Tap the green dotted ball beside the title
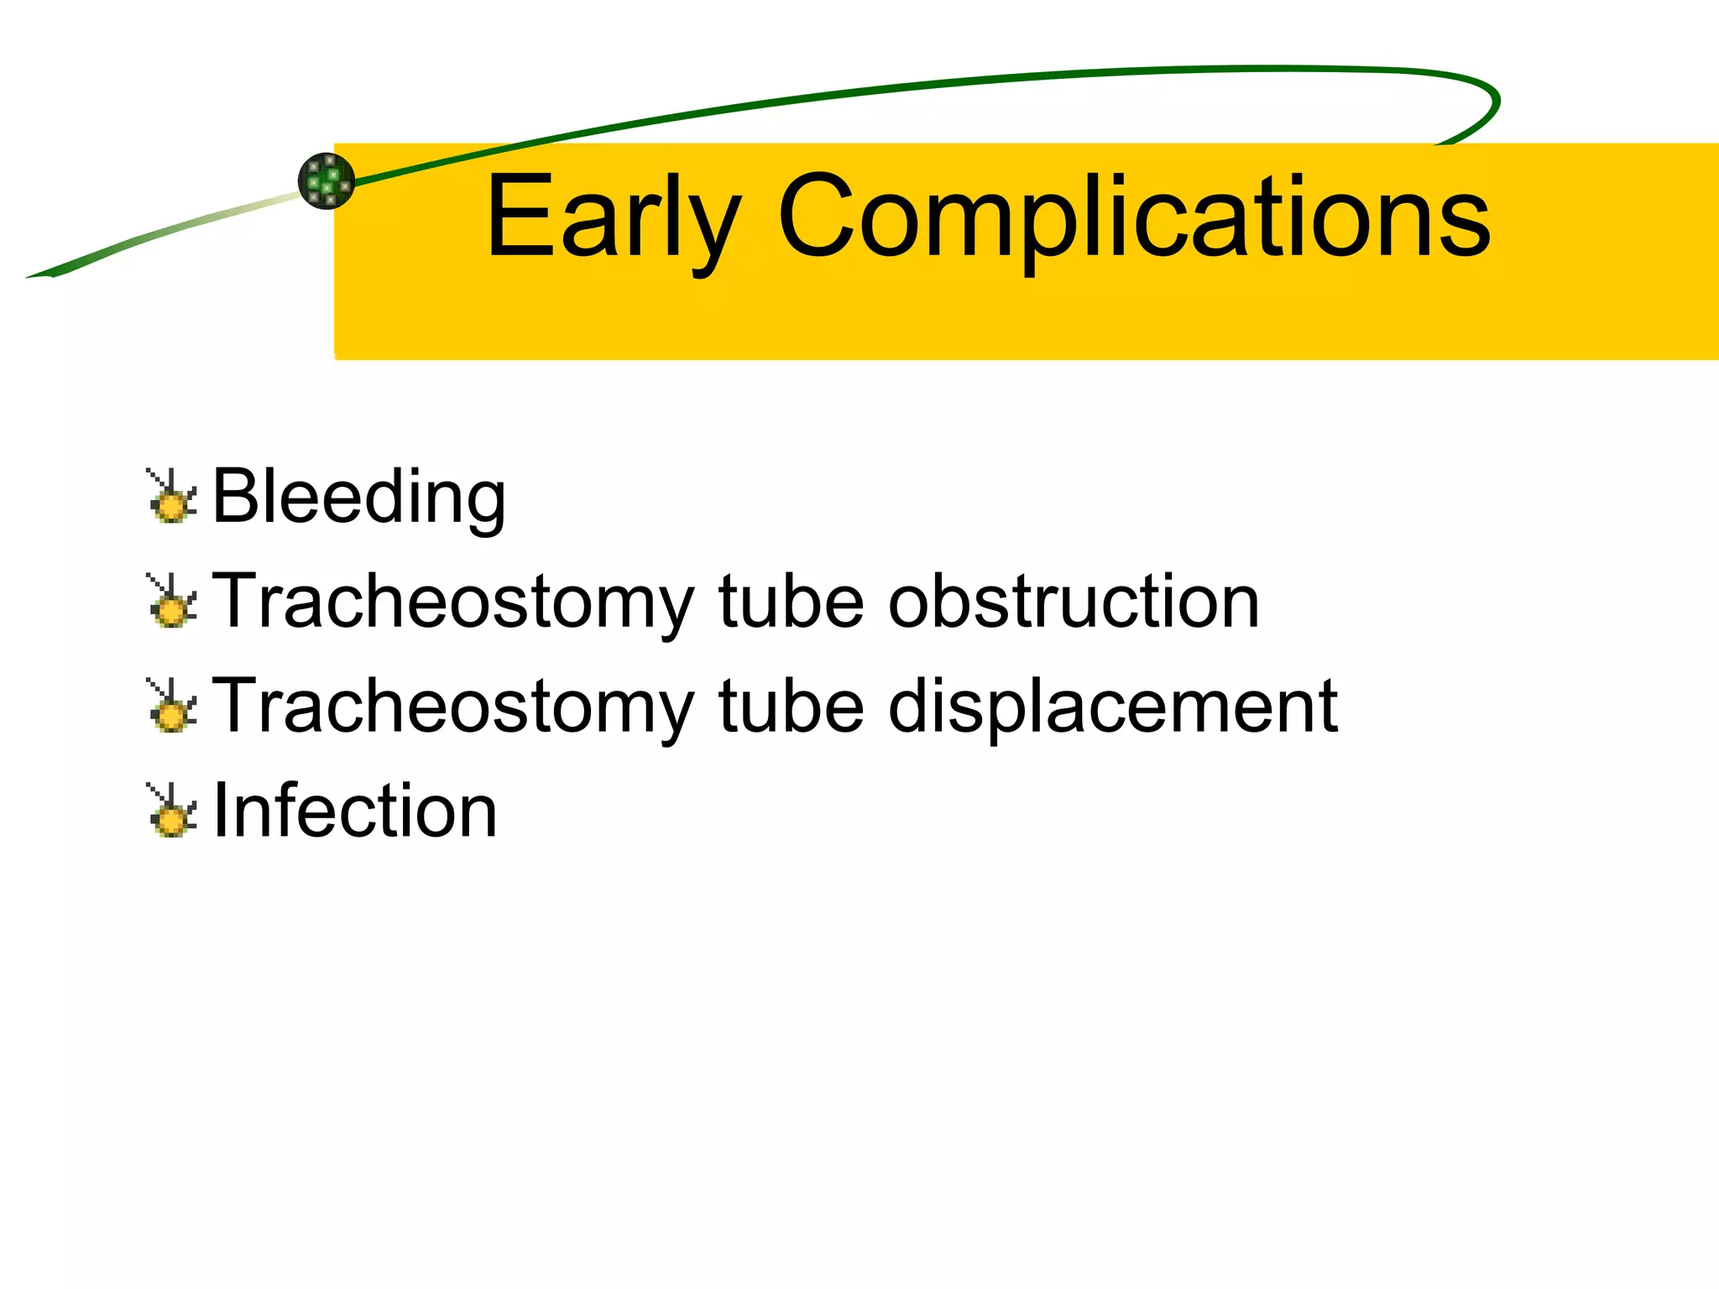point(327,180)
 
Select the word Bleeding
point(358,497)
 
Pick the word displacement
point(1112,706)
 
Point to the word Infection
point(355,811)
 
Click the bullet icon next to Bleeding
point(172,497)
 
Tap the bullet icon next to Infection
point(172,811)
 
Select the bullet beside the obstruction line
point(172,601)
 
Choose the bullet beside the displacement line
point(172,706)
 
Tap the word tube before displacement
point(791,706)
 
